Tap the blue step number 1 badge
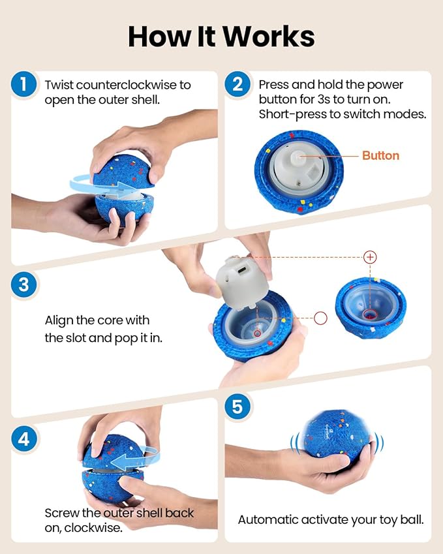[23, 84]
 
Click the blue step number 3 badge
[23, 285]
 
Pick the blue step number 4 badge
[23, 439]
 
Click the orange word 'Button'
[380, 155]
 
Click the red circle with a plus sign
[370, 257]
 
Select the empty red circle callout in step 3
[320, 318]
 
